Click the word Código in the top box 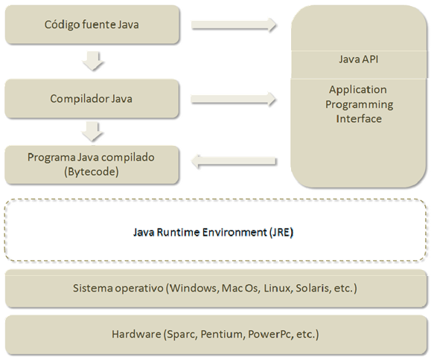pyautogui.click(x=59, y=25)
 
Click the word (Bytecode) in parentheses pyautogui.click(x=92, y=172)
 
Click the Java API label pyautogui.click(x=358, y=60)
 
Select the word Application pyautogui.click(x=358, y=90)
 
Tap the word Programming pyautogui.click(x=359, y=105)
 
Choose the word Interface pyautogui.click(x=359, y=119)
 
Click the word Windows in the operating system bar pyautogui.click(x=194, y=288)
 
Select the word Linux pyautogui.click(x=278, y=288)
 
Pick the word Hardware pyautogui.click(x=136, y=334)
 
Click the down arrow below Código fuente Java pyautogui.click(x=93, y=60)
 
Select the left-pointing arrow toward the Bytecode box pyautogui.click(x=234, y=161)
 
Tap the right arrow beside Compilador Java pyautogui.click(x=233, y=99)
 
